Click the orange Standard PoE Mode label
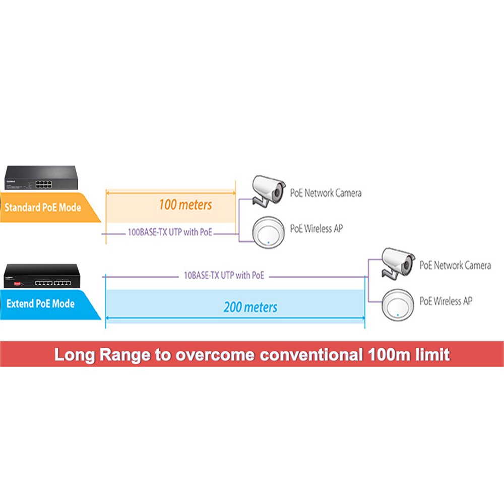(43, 207)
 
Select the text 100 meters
(185, 205)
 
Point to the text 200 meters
(250, 306)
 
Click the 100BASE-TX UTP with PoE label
(170, 233)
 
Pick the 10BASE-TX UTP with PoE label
(224, 276)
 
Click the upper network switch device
(40, 178)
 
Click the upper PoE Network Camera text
(326, 193)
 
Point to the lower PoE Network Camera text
(455, 265)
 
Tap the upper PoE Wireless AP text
(316, 228)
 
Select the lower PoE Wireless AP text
(446, 301)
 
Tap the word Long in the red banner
(74, 355)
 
